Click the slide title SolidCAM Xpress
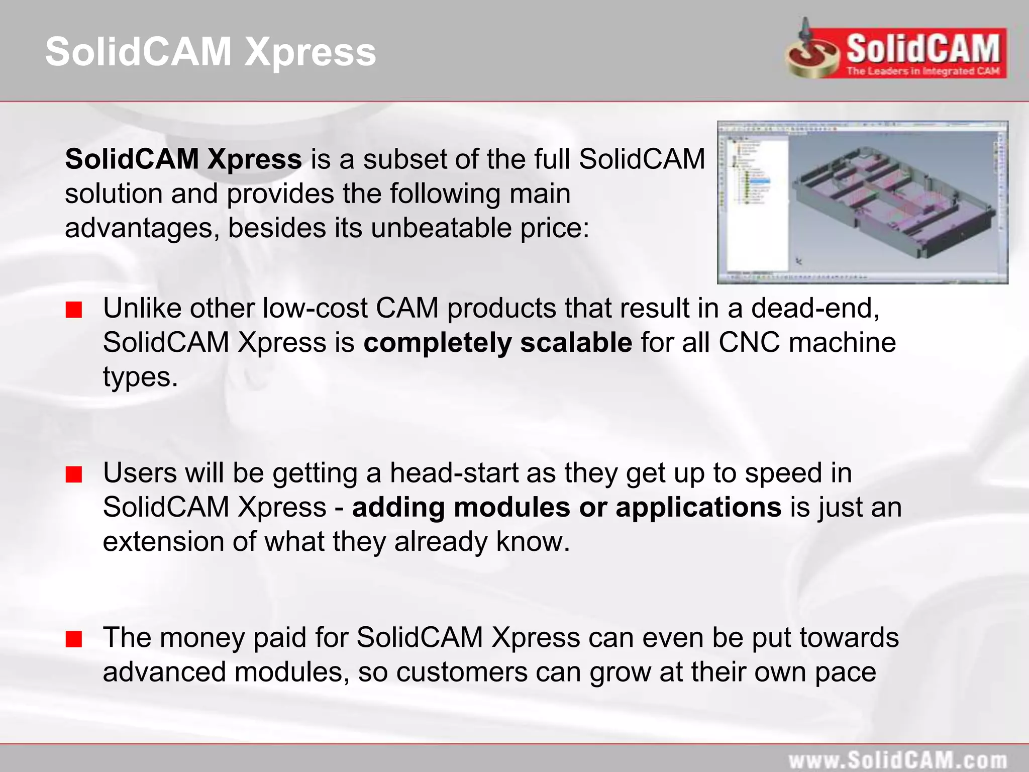coord(211,52)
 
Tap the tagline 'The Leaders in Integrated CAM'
coord(923,71)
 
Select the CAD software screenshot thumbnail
coord(862,202)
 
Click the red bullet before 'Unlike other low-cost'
coord(74,310)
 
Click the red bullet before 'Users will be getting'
coord(74,474)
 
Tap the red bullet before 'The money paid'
coord(74,639)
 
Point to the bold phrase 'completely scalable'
coord(497,343)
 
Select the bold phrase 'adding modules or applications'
coord(566,507)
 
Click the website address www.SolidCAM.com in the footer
coord(897,760)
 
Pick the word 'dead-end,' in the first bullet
coord(815,308)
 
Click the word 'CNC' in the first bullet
coord(749,343)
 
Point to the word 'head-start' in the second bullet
coord(454,473)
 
